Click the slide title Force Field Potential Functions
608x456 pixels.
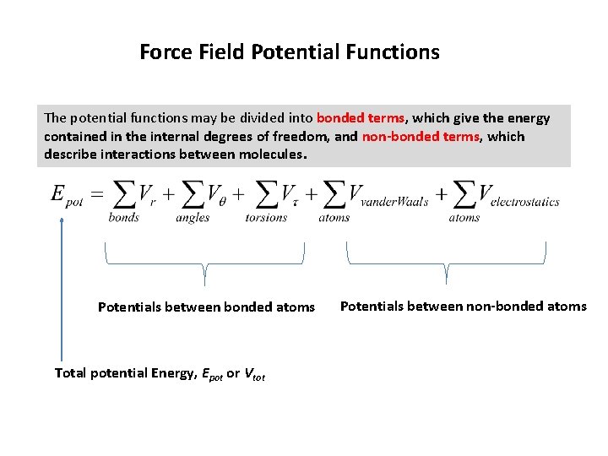pyautogui.click(x=289, y=52)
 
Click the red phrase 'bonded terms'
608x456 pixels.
pyautogui.click(x=360, y=118)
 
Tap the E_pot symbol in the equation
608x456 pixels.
pyautogui.click(x=67, y=194)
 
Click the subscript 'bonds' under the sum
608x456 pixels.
pyautogui.click(x=123, y=218)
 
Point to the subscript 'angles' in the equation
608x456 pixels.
pyautogui.click(x=193, y=218)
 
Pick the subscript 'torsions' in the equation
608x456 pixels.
pyautogui.click(x=266, y=218)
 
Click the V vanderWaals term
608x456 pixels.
pyautogui.click(x=388, y=196)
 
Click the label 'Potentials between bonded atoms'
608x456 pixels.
pyautogui.click(x=206, y=307)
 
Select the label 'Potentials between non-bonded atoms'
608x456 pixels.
pyautogui.click(x=463, y=307)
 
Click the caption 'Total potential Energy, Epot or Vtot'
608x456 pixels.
pyautogui.click(x=160, y=373)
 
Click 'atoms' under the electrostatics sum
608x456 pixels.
pyautogui.click(x=464, y=218)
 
